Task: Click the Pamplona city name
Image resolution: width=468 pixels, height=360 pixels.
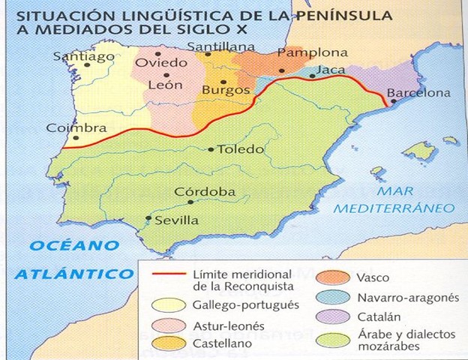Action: click(313, 53)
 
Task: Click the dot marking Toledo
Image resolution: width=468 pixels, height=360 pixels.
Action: click(211, 149)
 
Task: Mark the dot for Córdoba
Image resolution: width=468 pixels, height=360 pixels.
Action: click(192, 201)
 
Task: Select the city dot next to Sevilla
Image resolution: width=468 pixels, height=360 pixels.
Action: click(148, 220)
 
